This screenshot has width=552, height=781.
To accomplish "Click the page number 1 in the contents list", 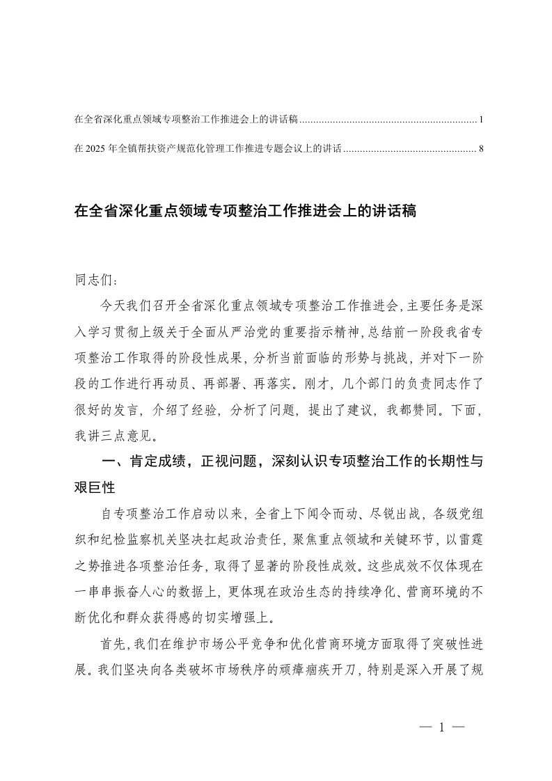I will point(481,120).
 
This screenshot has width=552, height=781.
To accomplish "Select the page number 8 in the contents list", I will point(481,148).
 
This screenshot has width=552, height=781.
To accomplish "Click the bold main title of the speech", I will point(244,211).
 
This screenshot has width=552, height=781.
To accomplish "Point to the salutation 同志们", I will point(90,283).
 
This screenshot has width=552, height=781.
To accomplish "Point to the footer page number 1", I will point(441,728).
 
